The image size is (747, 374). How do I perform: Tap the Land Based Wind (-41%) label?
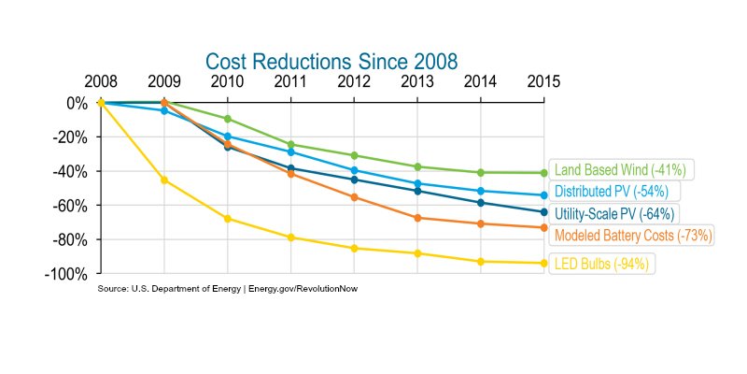click(620, 170)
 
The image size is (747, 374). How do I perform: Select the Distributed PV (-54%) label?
click(611, 192)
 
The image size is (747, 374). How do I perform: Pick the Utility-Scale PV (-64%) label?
click(613, 214)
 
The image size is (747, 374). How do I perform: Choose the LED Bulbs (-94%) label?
click(601, 265)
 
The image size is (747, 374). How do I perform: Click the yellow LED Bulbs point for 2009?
click(164, 180)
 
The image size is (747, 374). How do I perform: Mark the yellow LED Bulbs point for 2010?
click(227, 219)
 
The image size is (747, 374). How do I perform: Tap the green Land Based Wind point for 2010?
click(227, 119)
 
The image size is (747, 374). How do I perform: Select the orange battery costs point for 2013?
click(417, 218)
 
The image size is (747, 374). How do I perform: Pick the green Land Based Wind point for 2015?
click(543, 173)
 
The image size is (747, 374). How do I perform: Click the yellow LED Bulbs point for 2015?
click(543, 263)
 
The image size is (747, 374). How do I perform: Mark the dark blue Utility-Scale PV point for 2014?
click(480, 203)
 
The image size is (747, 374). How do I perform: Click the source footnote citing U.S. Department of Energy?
click(228, 289)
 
